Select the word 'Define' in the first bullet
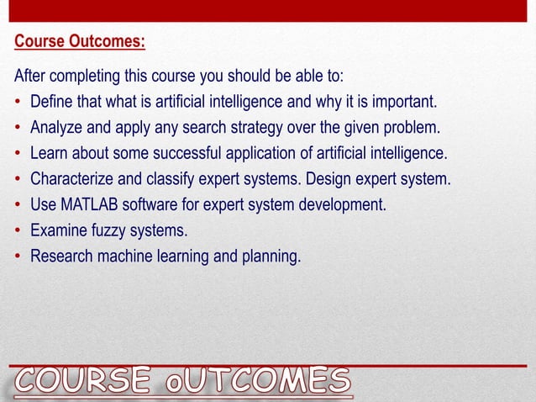[x=51, y=103]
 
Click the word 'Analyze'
[x=56, y=128]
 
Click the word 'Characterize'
[x=71, y=179]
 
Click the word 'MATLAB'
[x=91, y=205]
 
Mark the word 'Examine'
[x=59, y=230]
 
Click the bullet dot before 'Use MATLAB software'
[x=18, y=205]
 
